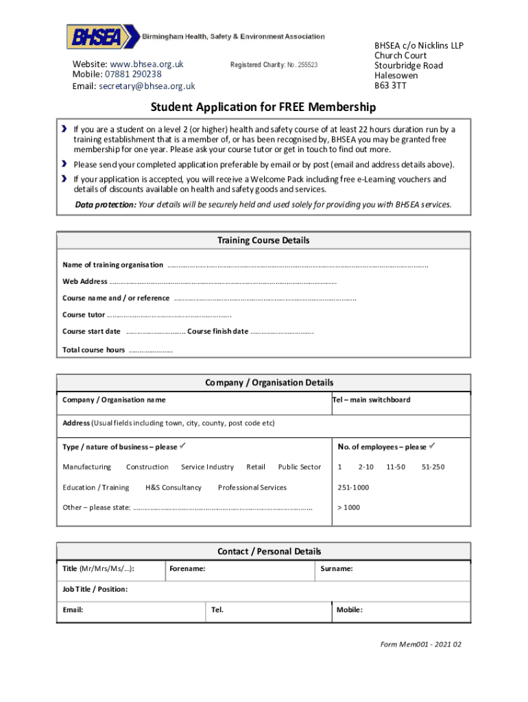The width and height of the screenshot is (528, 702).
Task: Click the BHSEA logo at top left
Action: point(95,36)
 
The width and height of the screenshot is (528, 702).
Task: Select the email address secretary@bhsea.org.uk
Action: point(147,86)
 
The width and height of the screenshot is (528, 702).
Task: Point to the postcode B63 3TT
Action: point(389,86)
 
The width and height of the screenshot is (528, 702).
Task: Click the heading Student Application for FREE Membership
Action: point(263,108)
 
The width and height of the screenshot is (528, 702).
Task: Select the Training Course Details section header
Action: point(263,241)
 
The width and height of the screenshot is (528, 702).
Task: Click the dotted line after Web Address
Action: point(223,281)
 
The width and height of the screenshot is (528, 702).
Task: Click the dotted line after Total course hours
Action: point(150,350)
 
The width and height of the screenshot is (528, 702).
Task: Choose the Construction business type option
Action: point(147,467)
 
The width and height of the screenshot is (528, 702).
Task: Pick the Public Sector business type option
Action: point(299,467)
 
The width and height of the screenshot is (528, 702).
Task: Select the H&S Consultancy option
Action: point(173,487)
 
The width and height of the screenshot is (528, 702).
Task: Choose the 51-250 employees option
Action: point(433,467)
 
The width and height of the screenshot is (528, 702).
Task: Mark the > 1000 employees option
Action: point(348,507)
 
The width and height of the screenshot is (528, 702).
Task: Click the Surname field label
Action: point(337,569)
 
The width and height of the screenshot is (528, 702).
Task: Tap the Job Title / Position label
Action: point(95,590)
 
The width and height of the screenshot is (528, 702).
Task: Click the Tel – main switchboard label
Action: point(371,400)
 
